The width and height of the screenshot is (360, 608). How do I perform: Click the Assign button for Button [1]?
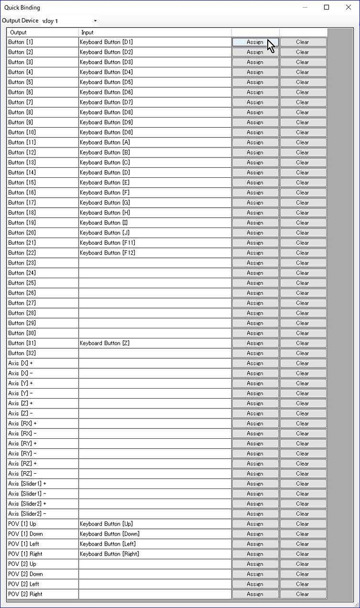255,42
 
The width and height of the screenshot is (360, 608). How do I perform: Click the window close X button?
348,7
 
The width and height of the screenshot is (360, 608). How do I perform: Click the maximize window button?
327,7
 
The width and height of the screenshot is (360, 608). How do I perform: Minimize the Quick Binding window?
305,7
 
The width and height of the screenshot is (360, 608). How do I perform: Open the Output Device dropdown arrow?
95,21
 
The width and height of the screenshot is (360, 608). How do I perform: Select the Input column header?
155,32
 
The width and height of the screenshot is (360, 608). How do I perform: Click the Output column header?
43,32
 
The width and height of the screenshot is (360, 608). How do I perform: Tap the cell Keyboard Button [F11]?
155,243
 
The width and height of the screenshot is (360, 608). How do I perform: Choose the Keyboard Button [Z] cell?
155,343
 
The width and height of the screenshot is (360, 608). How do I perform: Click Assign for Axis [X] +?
255,363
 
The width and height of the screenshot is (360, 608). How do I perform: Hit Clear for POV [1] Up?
303,524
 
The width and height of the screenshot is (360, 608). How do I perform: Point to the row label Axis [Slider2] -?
43,514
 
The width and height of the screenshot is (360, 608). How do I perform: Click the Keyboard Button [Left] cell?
155,544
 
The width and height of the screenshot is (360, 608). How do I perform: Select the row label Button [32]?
43,353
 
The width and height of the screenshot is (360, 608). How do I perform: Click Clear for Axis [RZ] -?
303,474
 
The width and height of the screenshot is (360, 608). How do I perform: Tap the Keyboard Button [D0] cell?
155,132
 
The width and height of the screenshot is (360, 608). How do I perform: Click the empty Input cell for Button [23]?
155,263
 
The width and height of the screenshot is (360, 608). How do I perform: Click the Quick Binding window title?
22,8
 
